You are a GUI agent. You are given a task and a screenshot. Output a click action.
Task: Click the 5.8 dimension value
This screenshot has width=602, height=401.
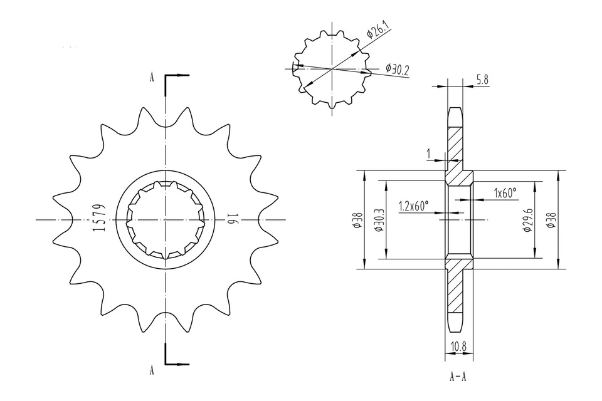[483, 79]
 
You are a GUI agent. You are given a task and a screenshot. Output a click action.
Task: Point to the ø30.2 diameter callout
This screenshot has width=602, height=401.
[397, 69]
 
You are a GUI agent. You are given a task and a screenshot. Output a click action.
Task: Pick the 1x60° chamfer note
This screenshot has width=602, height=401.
[505, 192]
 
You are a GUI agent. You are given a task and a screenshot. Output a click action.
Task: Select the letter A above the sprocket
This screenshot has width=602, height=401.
[152, 78]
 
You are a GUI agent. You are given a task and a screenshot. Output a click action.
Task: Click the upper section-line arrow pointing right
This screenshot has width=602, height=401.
[182, 76]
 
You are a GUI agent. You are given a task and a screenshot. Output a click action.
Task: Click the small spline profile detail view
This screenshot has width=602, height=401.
[330, 69]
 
